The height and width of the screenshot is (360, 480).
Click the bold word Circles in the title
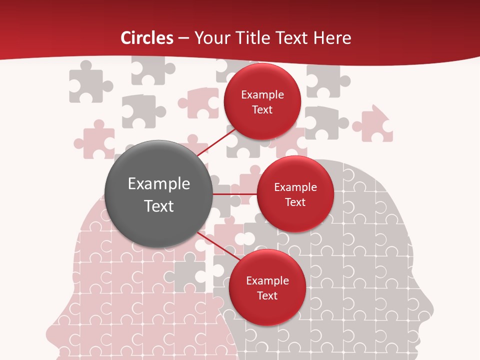pos(147,38)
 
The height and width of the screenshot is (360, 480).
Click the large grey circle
pos(158,194)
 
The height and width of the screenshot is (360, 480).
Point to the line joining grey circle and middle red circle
pos(235,194)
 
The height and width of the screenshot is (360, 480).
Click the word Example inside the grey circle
pos(158,183)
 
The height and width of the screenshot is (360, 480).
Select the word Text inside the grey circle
pos(158,206)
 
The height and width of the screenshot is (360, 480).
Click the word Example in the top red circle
pos(262,95)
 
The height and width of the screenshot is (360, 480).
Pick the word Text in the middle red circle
pos(295,202)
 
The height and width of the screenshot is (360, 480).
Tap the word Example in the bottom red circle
pos(267,280)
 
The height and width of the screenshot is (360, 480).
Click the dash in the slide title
pos(183,38)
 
